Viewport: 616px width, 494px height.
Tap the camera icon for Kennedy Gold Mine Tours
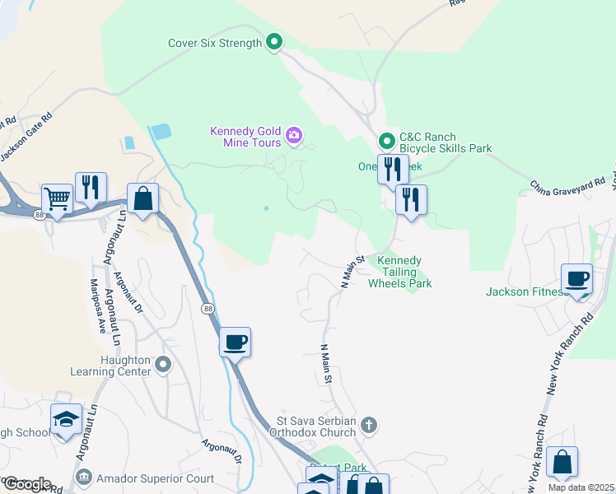[294, 134]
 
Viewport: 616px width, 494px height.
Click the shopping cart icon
[56, 198]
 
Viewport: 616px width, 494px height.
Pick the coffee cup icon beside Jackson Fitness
[576, 278]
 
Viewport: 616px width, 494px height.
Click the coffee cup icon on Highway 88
[236, 342]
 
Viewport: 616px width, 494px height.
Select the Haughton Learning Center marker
[164, 363]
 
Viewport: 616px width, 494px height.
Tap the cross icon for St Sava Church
[370, 425]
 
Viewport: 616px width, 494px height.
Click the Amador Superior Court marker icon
[83, 478]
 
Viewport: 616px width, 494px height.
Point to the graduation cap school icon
[66, 419]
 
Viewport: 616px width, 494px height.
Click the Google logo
[26, 484]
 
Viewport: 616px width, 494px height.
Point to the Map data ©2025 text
[581, 487]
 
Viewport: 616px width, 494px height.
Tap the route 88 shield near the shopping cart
[40, 215]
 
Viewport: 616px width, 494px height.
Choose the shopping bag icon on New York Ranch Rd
[561, 462]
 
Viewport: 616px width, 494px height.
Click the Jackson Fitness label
[524, 291]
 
